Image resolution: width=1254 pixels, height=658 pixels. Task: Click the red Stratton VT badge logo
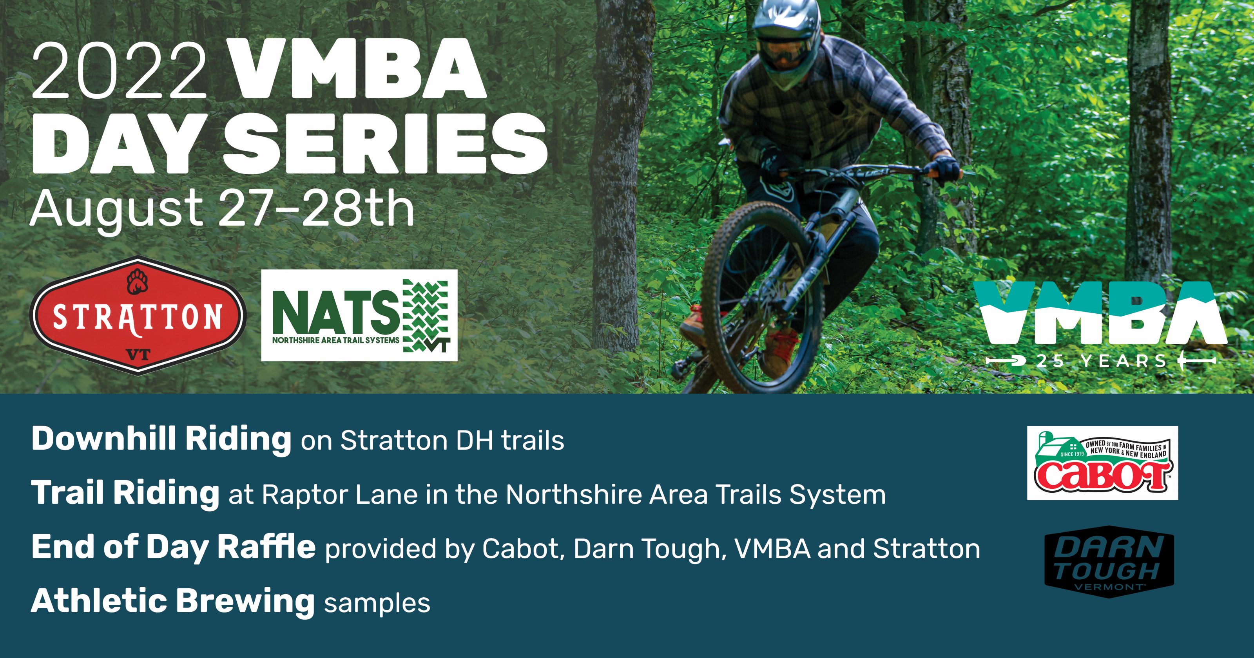coord(138,315)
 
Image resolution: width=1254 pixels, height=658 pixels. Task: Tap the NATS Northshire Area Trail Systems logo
coord(359,315)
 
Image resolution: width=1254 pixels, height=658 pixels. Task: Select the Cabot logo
coord(1103,463)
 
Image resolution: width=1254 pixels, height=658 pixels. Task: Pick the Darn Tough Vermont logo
coord(1109,562)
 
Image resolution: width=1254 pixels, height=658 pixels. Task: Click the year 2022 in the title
coord(119,70)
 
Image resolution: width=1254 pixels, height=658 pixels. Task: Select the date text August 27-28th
coord(222,209)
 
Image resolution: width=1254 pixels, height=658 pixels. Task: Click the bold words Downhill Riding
coord(161,439)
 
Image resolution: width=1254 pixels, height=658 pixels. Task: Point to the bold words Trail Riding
coord(125,493)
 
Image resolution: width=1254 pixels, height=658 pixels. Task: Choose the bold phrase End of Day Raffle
coord(173,547)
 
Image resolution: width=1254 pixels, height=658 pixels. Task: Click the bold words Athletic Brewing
coord(173,602)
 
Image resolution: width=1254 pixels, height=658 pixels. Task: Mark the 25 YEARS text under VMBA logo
coord(1101,361)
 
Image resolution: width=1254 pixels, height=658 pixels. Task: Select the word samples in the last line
coord(377,604)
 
